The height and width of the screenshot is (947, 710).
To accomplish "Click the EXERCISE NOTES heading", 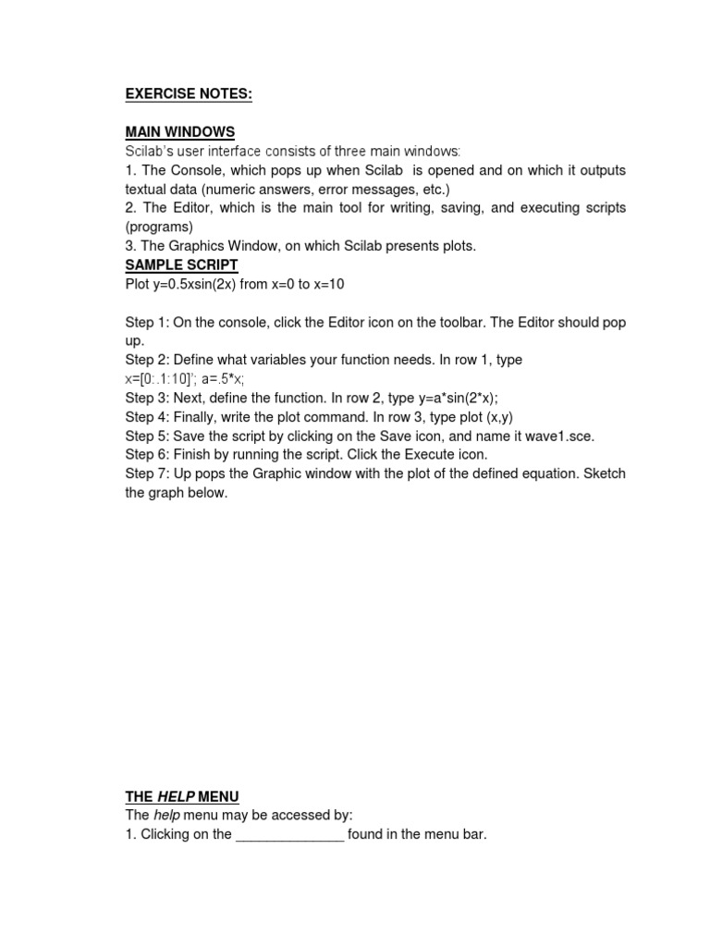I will (x=189, y=93).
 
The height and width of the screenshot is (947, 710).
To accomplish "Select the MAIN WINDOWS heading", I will (x=179, y=132).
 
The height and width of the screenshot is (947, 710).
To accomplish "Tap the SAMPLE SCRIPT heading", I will (x=181, y=264).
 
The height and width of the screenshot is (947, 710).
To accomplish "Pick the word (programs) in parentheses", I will (x=159, y=227).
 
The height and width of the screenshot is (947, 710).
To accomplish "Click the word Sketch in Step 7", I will (x=603, y=473).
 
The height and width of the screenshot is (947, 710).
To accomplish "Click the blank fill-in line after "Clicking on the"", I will (x=289, y=835).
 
